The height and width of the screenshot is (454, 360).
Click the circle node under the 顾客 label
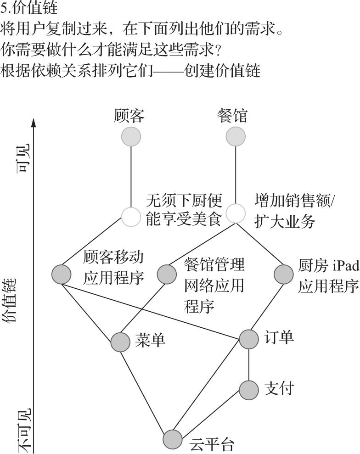(131, 136)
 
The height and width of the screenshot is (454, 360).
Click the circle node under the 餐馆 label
(236, 136)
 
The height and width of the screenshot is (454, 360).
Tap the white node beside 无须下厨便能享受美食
(131, 217)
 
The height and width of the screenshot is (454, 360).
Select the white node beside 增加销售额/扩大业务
(236, 213)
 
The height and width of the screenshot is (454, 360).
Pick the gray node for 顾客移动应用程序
(62, 274)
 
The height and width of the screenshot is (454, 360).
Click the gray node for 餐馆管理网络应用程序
(167, 274)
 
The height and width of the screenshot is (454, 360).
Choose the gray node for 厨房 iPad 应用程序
(283, 274)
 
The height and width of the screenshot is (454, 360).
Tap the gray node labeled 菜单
(120, 342)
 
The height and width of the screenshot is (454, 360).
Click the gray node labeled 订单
(249, 339)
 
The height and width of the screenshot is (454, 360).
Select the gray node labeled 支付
(249, 390)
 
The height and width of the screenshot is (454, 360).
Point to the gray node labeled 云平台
(173, 439)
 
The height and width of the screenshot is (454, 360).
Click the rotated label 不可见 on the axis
(24, 431)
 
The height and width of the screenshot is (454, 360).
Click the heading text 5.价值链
(29, 8)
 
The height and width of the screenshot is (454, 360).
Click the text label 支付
(279, 388)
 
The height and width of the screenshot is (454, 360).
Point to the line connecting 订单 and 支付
(249, 364)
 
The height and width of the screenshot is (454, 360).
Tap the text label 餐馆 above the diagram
(232, 116)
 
